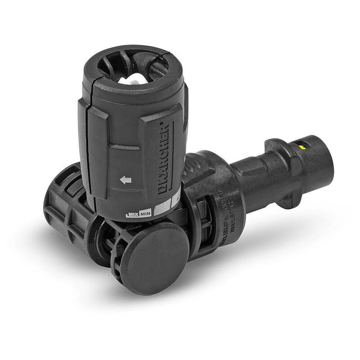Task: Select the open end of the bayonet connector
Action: coord(325,162)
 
